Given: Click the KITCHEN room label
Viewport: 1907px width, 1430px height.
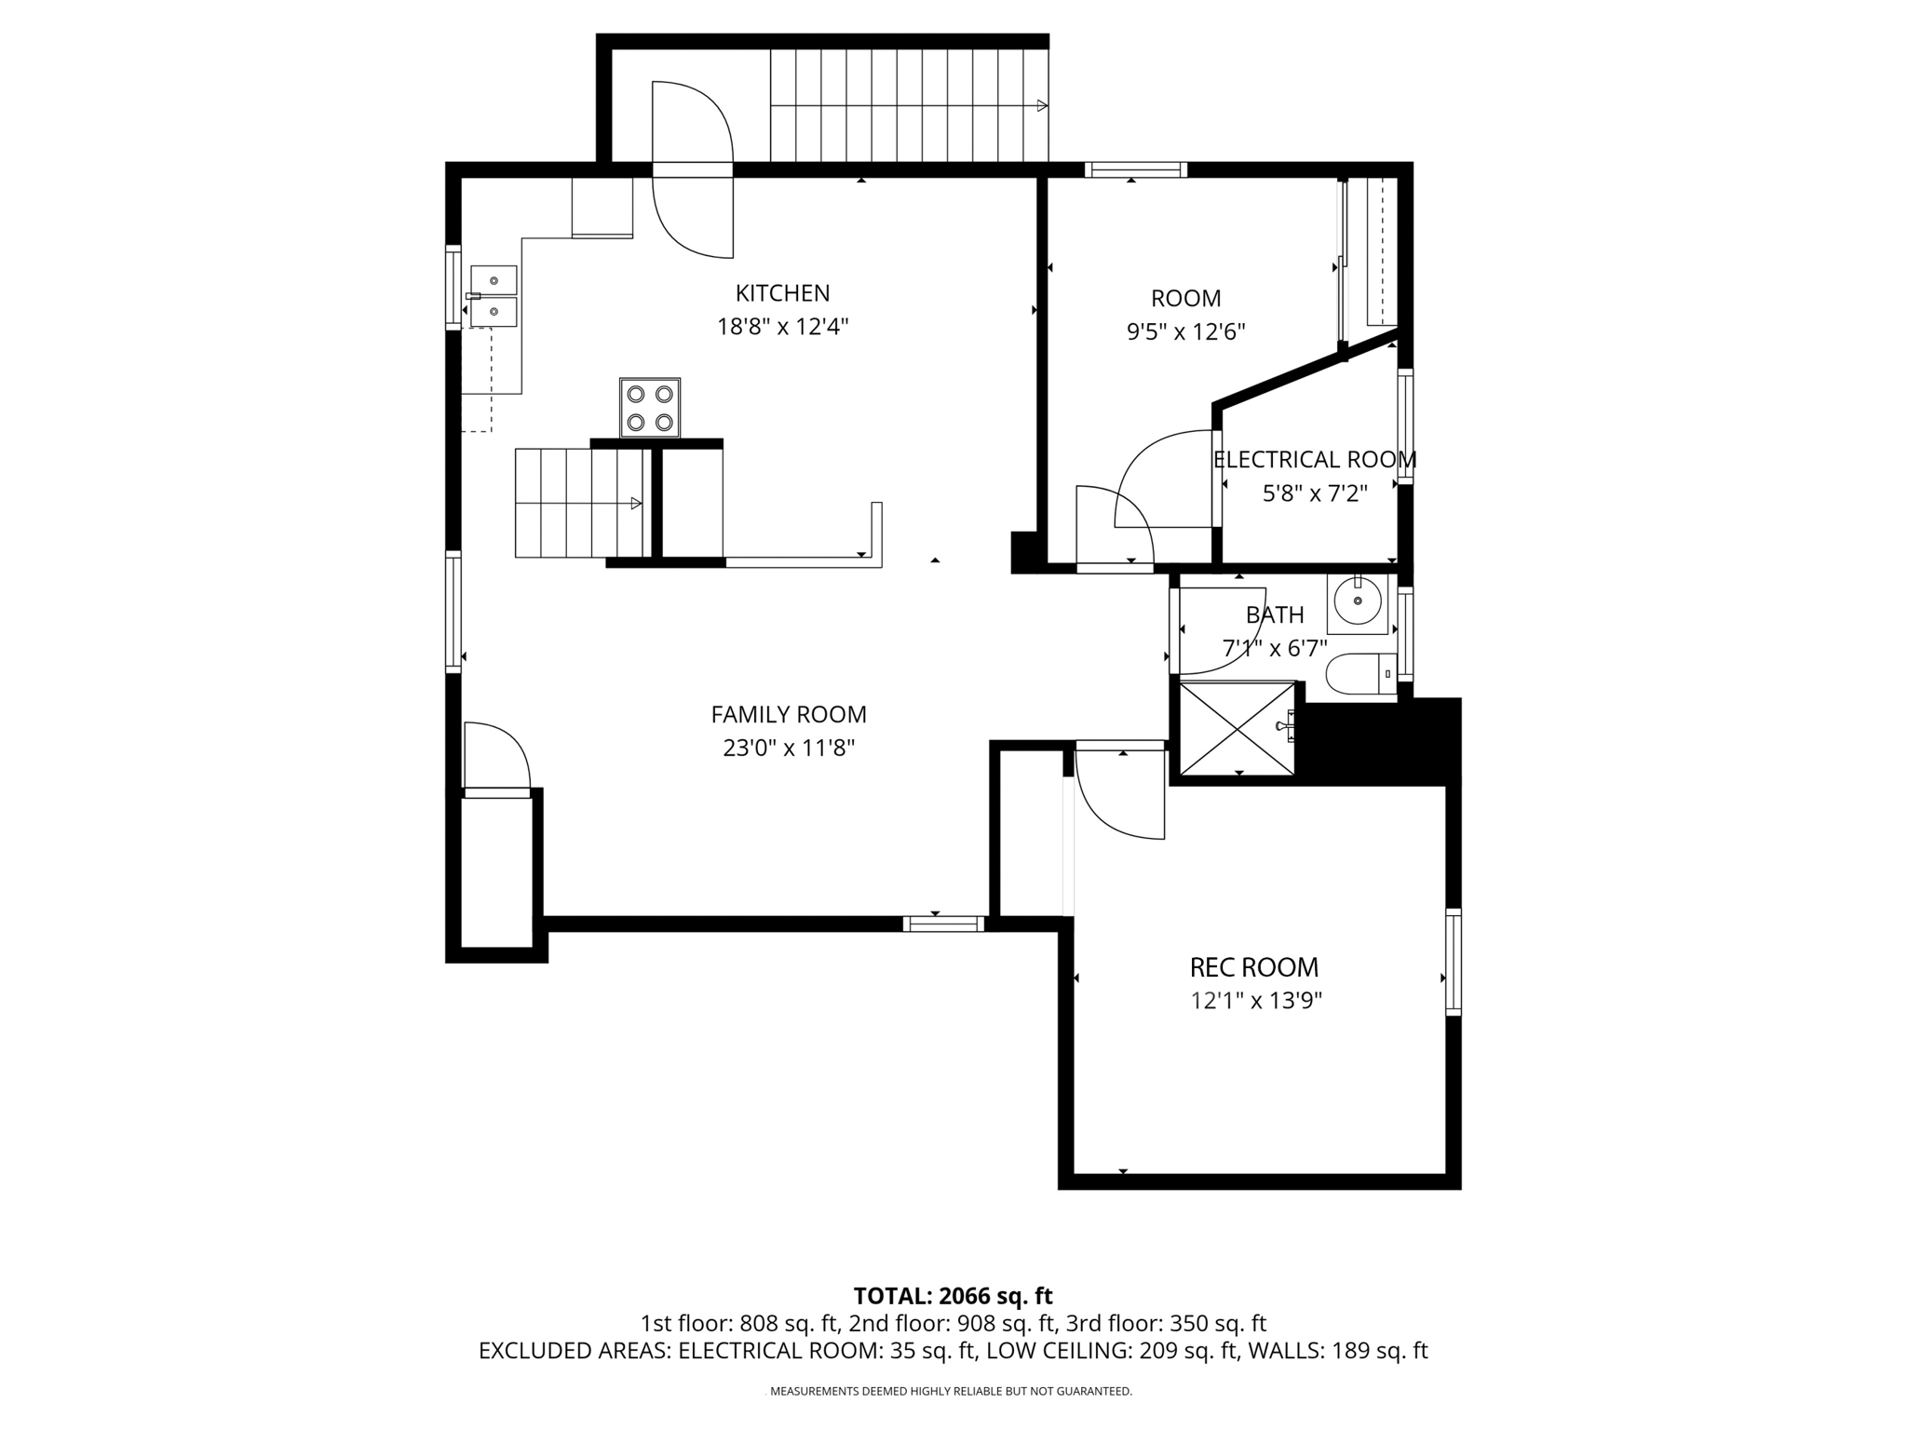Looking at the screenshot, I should (x=782, y=293).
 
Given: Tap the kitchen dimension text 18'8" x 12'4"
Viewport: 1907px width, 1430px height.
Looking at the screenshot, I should (x=782, y=327).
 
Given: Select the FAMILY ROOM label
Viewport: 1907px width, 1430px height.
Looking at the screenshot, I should (x=789, y=714).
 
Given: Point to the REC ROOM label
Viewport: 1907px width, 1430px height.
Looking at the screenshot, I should (x=1253, y=967).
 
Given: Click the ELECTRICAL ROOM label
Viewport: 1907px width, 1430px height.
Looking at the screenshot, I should (x=1314, y=460).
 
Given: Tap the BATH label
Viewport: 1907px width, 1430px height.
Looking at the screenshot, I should (x=1275, y=615).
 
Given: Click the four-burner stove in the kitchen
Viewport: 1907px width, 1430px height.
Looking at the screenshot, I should (x=650, y=408).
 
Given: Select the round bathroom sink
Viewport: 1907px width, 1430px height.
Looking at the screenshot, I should (x=1358, y=601).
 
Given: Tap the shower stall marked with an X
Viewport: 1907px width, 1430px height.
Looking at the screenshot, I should (x=1237, y=729).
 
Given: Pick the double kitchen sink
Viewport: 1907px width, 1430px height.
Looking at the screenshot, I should (x=493, y=295).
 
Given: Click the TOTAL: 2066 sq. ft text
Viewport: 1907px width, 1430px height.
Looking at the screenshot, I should (x=953, y=1296).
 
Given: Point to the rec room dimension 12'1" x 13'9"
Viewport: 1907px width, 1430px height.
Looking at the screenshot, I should (x=1256, y=1001).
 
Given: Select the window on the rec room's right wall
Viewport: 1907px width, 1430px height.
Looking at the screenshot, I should (x=1453, y=962).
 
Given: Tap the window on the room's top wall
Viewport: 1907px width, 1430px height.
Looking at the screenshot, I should (x=1135, y=169).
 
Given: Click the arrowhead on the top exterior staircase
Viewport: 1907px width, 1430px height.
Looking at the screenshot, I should (x=1043, y=106).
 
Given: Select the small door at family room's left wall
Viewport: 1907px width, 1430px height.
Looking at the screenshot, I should (x=496, y=759).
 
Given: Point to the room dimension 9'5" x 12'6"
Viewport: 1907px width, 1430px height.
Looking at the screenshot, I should (x=1185, y=332).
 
